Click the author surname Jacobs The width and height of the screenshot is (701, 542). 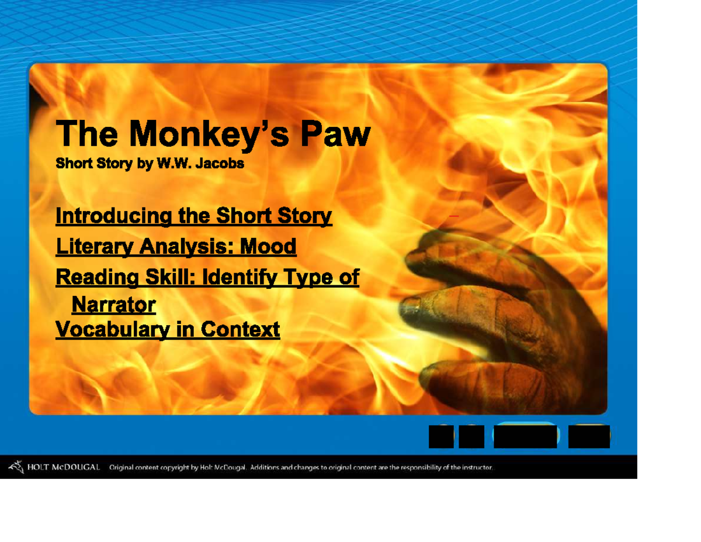point(221,164)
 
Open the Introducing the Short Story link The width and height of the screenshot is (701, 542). point(193,216)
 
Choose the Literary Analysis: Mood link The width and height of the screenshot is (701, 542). point(176,247)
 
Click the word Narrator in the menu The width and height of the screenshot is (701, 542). point(113,305)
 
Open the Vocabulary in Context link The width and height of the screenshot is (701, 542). point(168,330)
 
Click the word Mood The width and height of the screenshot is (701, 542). point(269,247)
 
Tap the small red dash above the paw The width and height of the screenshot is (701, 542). point(453,216)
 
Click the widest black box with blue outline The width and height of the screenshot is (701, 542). point(525,436)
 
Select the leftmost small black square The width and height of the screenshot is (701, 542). point(441,436)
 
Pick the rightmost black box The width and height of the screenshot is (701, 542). point(589,436)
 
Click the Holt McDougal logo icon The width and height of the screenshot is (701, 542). point(16,467)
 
